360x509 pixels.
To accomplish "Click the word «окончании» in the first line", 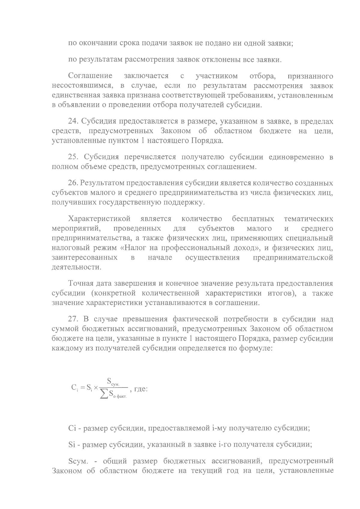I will tap(98, 43).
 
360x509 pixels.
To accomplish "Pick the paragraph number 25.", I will tap(73, 157).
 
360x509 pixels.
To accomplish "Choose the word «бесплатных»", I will tap(253, 219).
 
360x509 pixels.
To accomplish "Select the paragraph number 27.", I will tap(73, 319).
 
